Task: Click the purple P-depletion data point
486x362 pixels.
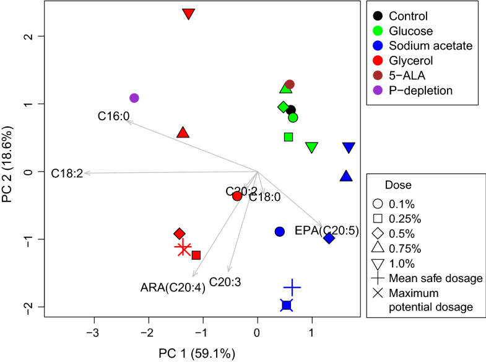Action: (134, 98)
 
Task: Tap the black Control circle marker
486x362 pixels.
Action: (290, 110)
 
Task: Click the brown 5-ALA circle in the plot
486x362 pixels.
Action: (290, 84)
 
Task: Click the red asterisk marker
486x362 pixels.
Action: (183, 249)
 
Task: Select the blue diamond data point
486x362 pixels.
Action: (329, 239)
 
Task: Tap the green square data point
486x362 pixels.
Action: (289, 137)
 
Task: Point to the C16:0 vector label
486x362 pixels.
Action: (113, 115)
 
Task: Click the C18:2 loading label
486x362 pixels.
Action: (66, 173)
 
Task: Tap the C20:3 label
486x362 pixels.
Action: (225, 281)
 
